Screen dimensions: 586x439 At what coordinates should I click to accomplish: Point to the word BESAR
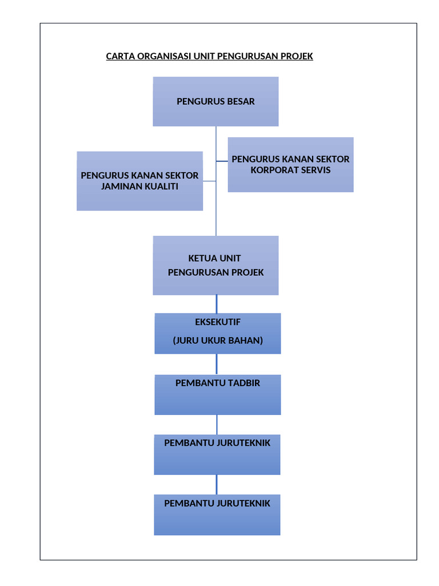[241, 102]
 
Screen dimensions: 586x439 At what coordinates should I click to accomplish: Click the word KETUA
[201, 258]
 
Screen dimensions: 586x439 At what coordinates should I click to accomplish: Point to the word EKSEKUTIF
[218, 322]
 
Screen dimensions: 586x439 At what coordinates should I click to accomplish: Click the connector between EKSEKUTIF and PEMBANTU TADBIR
[217, 364]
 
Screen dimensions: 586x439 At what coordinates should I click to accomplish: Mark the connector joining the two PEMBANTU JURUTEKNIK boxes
[217, 485]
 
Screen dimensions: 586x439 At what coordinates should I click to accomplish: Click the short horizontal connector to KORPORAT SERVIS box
[222, 161]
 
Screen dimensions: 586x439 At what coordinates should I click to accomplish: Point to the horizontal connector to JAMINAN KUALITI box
[209, 181]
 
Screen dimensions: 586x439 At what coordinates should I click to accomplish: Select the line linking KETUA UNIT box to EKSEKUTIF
[217, 304]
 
